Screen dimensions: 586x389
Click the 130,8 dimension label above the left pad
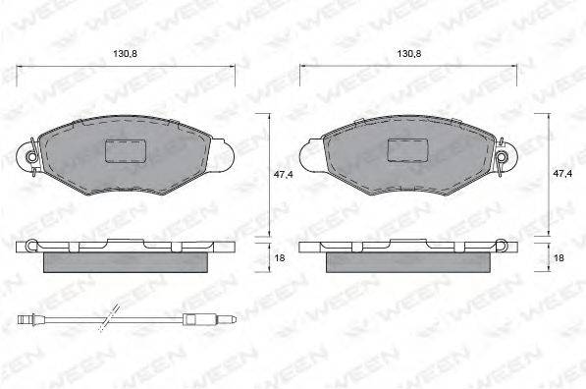(126, 54)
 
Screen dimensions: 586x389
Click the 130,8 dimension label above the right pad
(409, 54)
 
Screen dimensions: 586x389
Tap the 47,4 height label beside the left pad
(284, 174)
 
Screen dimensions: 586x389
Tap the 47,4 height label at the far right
(562, 174)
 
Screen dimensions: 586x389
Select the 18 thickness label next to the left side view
(280, 258)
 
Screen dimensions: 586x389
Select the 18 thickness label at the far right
(559, 258)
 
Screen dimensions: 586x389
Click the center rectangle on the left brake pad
(126, 151)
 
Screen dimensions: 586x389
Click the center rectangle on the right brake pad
(407, 150)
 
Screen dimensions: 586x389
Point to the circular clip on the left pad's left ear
(31, 157)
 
